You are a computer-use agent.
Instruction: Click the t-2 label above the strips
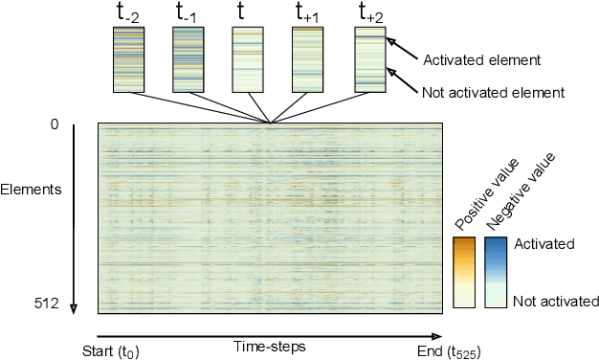(x=128, y=12)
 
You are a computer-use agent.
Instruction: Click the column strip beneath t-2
(x=127, y=59)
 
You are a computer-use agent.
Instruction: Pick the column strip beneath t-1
(x=188, y=59)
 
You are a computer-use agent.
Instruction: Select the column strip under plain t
(x=248, y=59)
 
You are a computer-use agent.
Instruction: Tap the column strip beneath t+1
(x=307, y=59)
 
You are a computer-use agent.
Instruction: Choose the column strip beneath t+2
(x=368, y=59)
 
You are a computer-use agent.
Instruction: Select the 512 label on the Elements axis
(x=48, y=304)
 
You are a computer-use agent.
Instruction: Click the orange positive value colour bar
(x=464, y=273)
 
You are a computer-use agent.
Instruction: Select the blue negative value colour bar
(x=497, y=273)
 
